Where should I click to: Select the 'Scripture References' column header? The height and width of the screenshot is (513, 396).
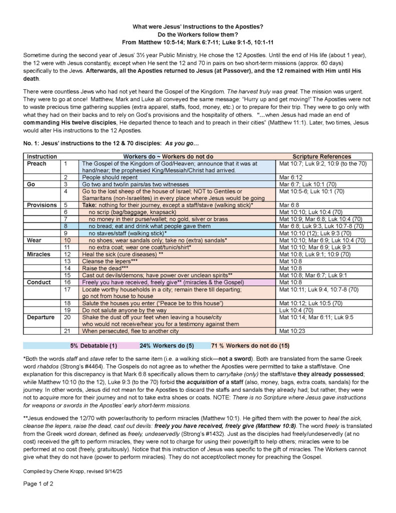click(x=321, y=157)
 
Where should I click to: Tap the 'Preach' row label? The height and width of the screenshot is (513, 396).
click(x=37, y=164)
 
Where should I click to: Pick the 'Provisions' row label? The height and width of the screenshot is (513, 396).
click(x=42, y=205)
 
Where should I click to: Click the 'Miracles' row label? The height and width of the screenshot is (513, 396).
click(x=39, y=254)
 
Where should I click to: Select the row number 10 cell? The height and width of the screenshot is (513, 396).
click(x=69, y=240)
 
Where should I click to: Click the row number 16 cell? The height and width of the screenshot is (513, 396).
click(x=69, y=283)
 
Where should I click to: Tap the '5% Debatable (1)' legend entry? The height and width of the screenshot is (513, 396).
click(x=94, y=346)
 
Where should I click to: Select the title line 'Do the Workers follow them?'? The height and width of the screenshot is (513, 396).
click(x=198, y=34)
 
